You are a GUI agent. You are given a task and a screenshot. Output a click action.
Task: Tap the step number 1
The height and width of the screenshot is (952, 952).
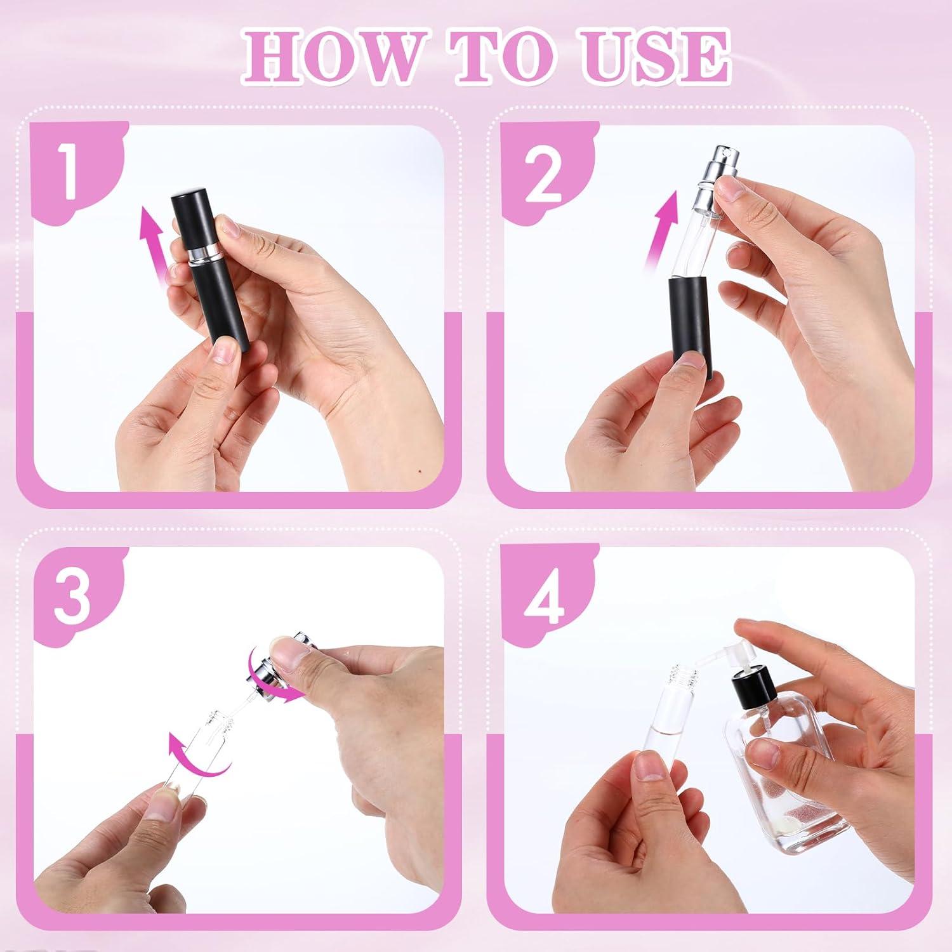pyautogui.click(x=69, y=169)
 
